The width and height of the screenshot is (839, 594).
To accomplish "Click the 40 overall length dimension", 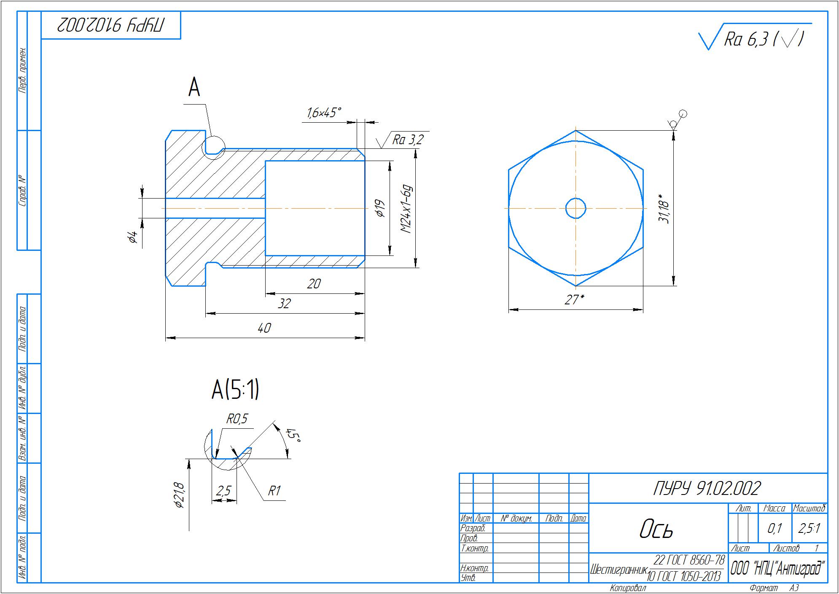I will [264, 328].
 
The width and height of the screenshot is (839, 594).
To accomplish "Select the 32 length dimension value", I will [285, 304].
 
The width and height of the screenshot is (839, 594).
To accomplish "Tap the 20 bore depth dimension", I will [314, 284].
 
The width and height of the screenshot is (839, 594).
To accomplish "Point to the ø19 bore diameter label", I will [380, 208].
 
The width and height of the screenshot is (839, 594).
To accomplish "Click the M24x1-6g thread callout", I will [406, 209].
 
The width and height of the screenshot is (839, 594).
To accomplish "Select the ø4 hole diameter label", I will [132, 237].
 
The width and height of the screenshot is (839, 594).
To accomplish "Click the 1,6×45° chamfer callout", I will [324, 113].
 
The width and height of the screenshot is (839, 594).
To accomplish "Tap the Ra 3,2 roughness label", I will [407, 140].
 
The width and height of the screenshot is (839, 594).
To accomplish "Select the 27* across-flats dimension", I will [574, 300].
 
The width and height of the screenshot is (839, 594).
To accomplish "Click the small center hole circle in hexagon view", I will [575, 208].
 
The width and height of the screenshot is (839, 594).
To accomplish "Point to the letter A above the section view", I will [194, 88].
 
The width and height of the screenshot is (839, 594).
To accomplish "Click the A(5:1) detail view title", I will [235, 390].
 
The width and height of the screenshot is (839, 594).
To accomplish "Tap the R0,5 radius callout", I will [237, 419].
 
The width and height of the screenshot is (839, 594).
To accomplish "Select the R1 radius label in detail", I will [274, 491].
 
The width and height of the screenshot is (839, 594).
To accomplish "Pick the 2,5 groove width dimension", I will [223, 491].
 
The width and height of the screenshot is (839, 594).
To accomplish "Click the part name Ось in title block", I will [656, 529].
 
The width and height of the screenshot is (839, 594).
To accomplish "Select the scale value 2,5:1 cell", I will [809, 529].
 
